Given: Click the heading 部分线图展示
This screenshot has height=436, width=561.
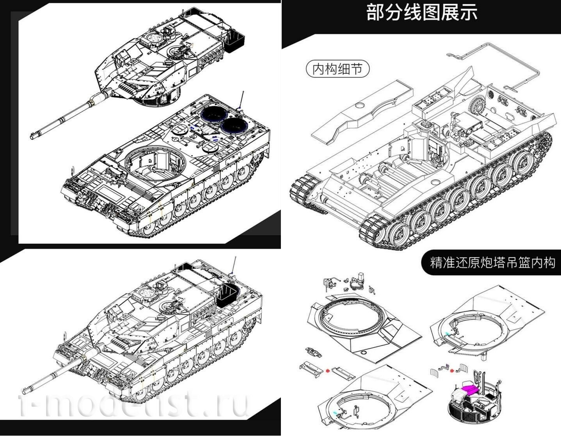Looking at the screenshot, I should point(422,13).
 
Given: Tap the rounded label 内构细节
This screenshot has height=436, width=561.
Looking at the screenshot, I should point(337,69).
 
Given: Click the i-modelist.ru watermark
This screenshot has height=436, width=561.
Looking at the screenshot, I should point(133,402).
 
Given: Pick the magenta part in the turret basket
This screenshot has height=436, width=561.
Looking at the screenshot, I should point(471,390).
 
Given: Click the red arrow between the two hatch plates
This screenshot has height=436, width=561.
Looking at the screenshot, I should point(328,370).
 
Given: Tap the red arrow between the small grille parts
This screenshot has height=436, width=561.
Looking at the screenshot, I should point(453,370).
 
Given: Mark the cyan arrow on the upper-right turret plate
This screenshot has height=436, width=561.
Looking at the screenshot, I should point(447,334).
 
